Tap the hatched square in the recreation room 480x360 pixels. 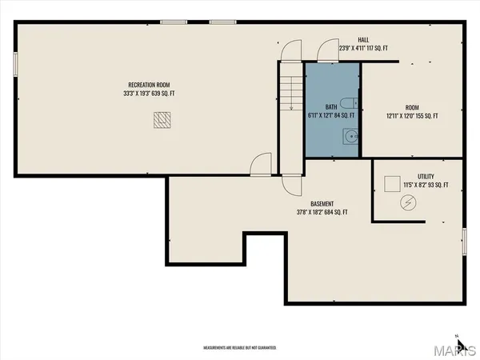coord(162,119)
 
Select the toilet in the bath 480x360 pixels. coord(346,102)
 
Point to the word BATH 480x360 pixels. coord(331,106)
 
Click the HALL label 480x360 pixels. coord(364,39)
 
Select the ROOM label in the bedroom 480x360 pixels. coord(411,108)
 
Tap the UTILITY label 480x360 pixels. coord(426,176)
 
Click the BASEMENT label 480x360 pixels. coord(322,203)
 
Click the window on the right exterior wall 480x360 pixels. coord(464,241)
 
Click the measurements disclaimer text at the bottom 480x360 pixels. coord(240,348)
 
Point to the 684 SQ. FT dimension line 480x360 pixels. coord(322,212)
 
